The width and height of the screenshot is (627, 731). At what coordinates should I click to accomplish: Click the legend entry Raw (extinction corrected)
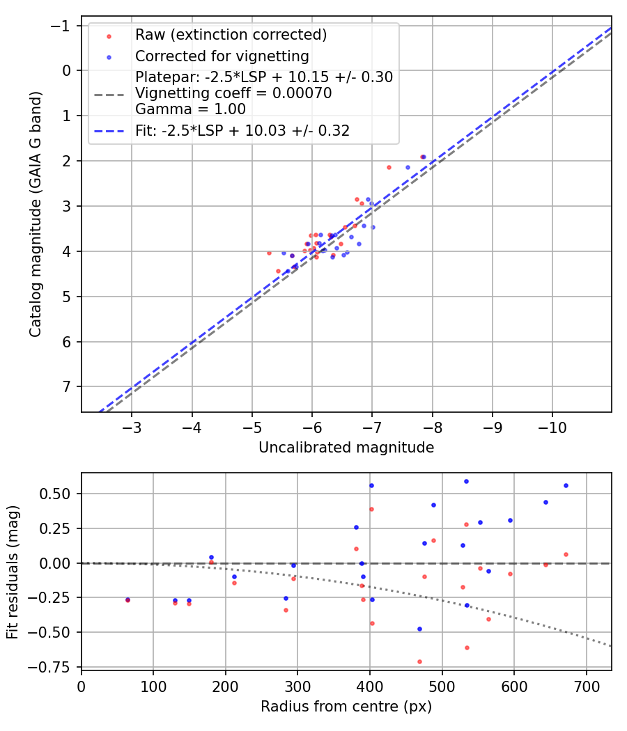pyautogui.click(x=231, y=35)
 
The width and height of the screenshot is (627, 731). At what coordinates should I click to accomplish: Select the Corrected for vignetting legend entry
pyautogui.click(x=222, y=56)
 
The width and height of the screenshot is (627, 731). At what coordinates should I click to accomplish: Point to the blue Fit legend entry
pyautogui.click(x=242, y=130)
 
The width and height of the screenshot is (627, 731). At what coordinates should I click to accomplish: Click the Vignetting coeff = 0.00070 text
pyautogui.click(x=233, y=93)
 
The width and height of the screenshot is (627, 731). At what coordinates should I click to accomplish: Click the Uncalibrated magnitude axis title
pyautogui.click(x=346, y=448)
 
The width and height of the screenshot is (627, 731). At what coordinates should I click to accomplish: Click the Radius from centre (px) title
pyautogui.click(x=346, y=707)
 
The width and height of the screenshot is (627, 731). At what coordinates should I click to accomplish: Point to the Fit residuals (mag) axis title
pyautogui.click(x=13, y=571)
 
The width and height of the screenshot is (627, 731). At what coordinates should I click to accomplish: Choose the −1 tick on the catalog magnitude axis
pyautogui.click(x=63, y=26)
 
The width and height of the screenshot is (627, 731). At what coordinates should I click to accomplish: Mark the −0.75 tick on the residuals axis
pyautogui.click(x=54, y=667)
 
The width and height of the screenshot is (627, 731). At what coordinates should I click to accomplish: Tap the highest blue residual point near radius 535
pyautogui.click(x=466, y=481)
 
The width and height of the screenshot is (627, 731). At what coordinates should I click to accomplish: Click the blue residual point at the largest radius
pyautogui.click(x=566, y=485)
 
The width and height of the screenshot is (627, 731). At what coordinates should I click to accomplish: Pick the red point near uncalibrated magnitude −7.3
pyautogui.click(x=389, y=167)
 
